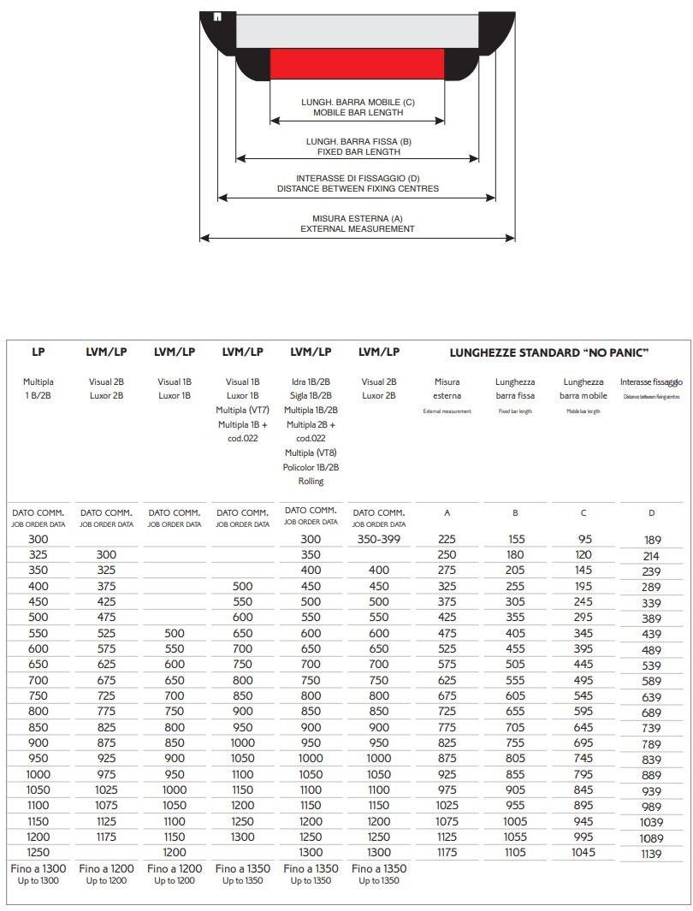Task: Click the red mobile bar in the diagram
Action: click(357, 63)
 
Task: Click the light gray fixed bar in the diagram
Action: click(357, 31)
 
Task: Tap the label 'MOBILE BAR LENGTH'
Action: click(357, 112)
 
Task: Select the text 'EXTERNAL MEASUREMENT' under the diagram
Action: click(357, 229)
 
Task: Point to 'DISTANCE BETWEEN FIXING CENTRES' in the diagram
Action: click(357, 188)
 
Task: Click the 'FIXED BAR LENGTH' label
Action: click(357, 151)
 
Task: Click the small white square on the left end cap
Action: click(217, 16)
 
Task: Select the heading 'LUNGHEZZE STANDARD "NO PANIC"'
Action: click(549, 352)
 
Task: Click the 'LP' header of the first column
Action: click(38, 352)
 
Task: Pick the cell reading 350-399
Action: click(379, 539)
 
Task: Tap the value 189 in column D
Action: click(652, 540)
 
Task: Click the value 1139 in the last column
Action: click(652, 854)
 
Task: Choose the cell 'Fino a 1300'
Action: click(38, 868)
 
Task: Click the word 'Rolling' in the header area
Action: click(311, 481)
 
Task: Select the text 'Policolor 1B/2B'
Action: click(311, 467)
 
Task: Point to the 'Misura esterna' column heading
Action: click(447, 388)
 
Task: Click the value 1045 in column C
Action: click(583, 852)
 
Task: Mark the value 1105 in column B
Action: click(515, 852)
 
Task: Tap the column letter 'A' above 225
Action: click(447, 513)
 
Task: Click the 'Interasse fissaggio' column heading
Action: click(651, 382)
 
